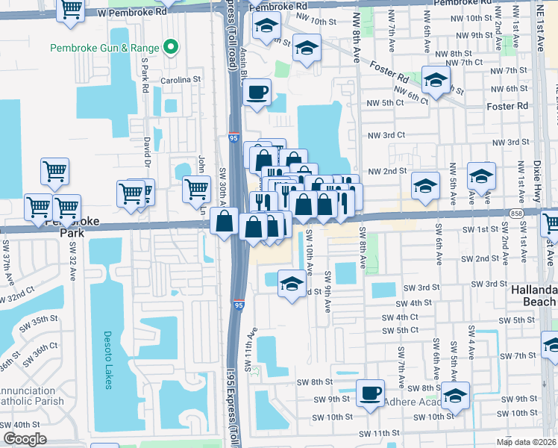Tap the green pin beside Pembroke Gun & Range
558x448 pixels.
[172, 48]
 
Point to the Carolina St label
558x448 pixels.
[182, 79]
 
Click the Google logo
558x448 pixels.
[25, 439]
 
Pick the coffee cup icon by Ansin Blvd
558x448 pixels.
[257, 93]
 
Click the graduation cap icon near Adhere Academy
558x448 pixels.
[454, 395]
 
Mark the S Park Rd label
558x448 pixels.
[145, 76]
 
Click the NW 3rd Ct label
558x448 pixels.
[386, 135]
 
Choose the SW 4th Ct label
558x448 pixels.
[400, 317]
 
